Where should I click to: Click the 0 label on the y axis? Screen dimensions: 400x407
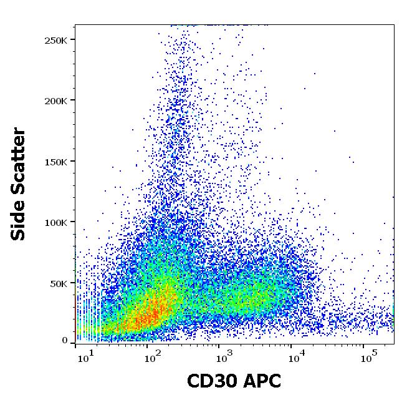point(65,341)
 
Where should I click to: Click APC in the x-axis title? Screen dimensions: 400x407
point(264,381)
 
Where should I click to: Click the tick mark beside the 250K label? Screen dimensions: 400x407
point(72,40)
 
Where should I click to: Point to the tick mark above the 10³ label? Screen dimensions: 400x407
point(219,345)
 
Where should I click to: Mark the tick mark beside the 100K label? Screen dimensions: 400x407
point(72,222)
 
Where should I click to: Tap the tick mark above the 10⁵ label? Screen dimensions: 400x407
point(365,345)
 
